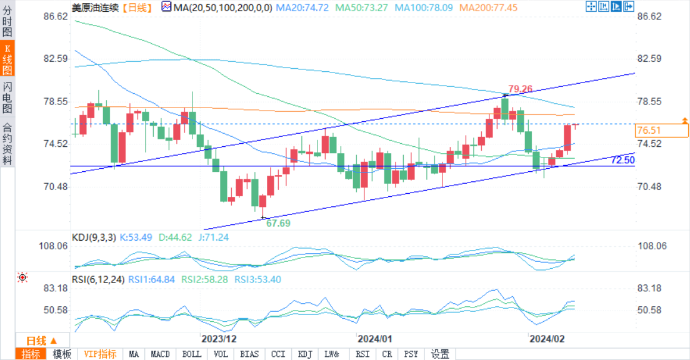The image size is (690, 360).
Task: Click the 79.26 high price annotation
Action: (x=520, y=88)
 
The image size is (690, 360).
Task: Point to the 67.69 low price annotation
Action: (x=278, y=222)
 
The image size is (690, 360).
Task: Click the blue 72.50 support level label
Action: (x=622, y=160)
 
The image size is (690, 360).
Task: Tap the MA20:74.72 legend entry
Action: (x=302, y=7)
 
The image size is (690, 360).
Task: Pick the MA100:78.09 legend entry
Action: (x=423, y=7)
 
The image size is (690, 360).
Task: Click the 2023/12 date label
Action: (x=219, y=339)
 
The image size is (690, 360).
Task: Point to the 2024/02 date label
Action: (x=547, y=339)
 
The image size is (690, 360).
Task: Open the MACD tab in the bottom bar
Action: (x=160, y=354)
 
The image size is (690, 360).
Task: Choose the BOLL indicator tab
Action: (x=192, y=354)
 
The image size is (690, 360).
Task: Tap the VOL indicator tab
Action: (x=221, y=354)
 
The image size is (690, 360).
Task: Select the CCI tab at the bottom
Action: (x=278, y=354)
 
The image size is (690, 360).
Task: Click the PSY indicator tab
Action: (x=411, y=354)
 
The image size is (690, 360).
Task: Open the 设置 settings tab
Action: (x=440, y=354)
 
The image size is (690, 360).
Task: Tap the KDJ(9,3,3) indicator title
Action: (x=94, y=237)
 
